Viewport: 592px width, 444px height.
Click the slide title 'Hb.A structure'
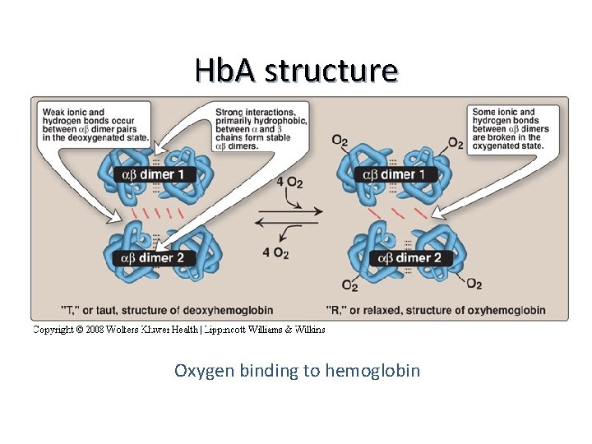coord(296,71)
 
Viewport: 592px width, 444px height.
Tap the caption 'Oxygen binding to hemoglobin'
coord(297,371)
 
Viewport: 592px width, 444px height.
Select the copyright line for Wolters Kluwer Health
coord(178,330)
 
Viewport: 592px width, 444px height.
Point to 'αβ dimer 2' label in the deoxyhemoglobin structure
coord(158,258)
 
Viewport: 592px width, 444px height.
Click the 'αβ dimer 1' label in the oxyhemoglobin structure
coord(399,174)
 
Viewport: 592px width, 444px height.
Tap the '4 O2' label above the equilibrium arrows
coord(289,182)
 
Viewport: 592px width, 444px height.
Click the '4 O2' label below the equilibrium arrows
coord(275,253)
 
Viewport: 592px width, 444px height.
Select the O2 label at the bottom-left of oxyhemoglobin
coord(349,286)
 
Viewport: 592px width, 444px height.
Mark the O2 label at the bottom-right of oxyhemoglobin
coord(474,284)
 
